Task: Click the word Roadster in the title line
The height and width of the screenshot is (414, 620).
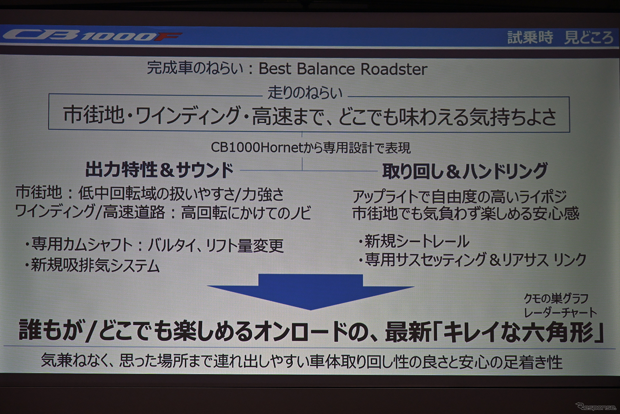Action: point(394,69)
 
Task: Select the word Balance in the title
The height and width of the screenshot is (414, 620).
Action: point(326,69)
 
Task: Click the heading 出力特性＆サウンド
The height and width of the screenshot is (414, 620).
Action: point(159,170)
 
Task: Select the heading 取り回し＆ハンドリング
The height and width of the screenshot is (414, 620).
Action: point(465,171)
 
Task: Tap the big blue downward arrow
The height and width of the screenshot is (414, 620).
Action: point(310,290)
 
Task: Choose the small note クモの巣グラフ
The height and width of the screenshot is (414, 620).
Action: point(556,299)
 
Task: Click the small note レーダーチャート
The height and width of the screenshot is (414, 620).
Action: point(560,312)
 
